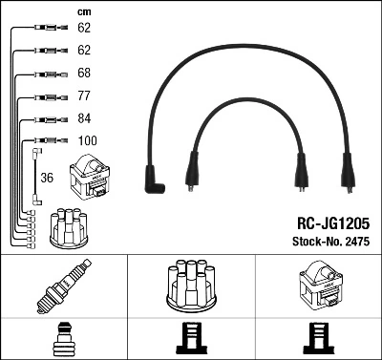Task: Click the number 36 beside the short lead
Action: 47,178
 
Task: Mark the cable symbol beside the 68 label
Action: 48,74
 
